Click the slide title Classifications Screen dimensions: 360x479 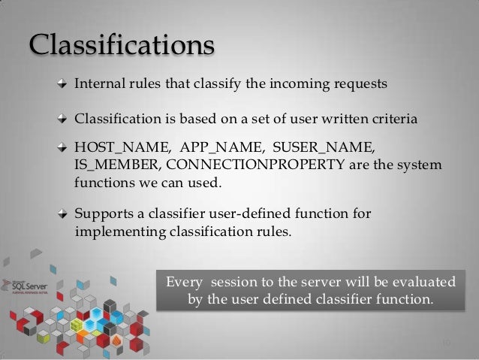pyautogui.click(x=122, y=45)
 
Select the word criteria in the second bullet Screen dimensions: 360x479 pyautogui.click(x=389, y=119)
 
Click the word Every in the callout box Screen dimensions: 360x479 pyautogui.click(x=184, y=283)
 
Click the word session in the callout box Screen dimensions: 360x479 pyautogui.click(x=237, y=283)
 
